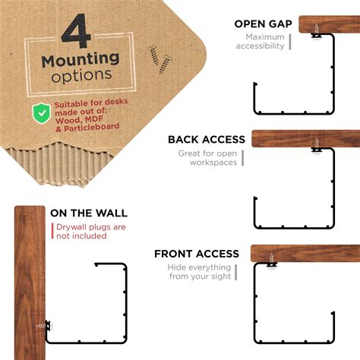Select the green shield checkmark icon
41,113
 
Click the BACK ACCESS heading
207,140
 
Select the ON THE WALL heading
89,213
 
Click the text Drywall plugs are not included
90,231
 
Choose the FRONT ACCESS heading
197,254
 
